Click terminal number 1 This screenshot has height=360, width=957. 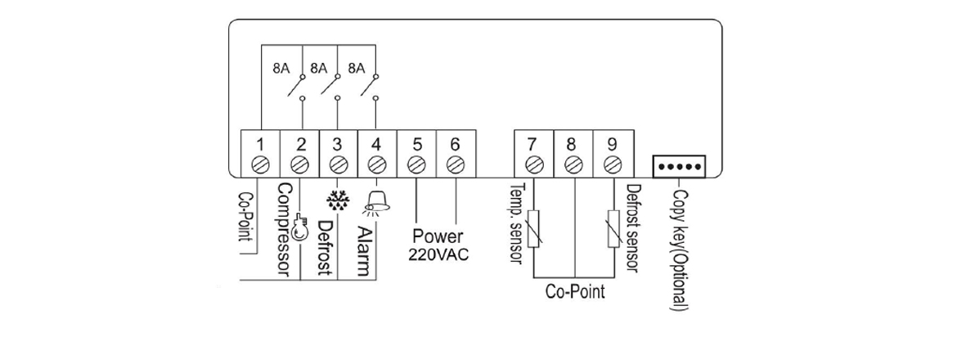(260, 145)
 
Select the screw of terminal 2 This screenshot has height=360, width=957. (299, 163)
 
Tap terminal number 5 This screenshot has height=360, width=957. (416, 145)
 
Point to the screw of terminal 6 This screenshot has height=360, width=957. (455, 163)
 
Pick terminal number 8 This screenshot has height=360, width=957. (572, 145)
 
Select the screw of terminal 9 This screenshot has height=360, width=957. (609, 163)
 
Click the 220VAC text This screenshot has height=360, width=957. (438, 254)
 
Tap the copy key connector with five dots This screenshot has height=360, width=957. (678, 166)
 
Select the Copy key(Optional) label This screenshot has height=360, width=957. (676, 250)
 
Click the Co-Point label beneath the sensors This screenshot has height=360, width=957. (574, 292)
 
